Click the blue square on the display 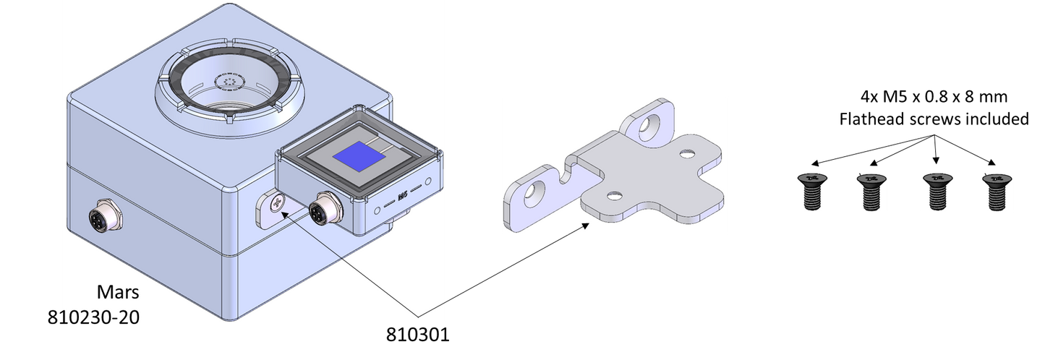[359, 155]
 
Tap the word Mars [118, 292]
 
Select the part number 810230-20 [93, 317]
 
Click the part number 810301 [417, 335]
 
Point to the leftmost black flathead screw [812, 191]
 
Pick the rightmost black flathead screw [997, 192]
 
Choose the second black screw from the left [871, 191]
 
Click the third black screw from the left [938, 191]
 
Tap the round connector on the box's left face [106, 218]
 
